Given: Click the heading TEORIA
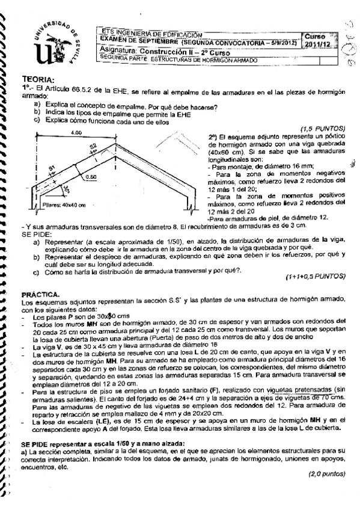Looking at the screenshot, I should point(38,79).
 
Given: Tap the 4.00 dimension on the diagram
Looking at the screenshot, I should point(75,132).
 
